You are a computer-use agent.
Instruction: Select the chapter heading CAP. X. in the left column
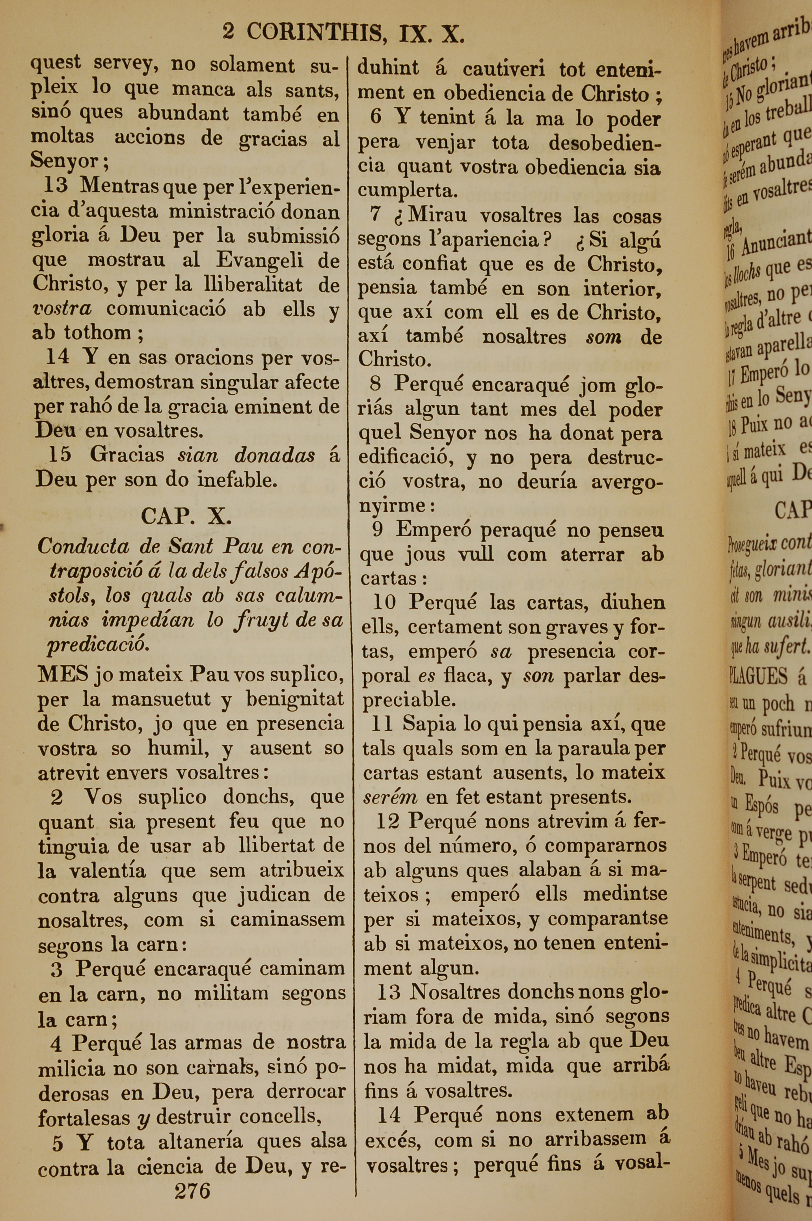(186, 516)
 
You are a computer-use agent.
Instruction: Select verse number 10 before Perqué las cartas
(384, 602)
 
